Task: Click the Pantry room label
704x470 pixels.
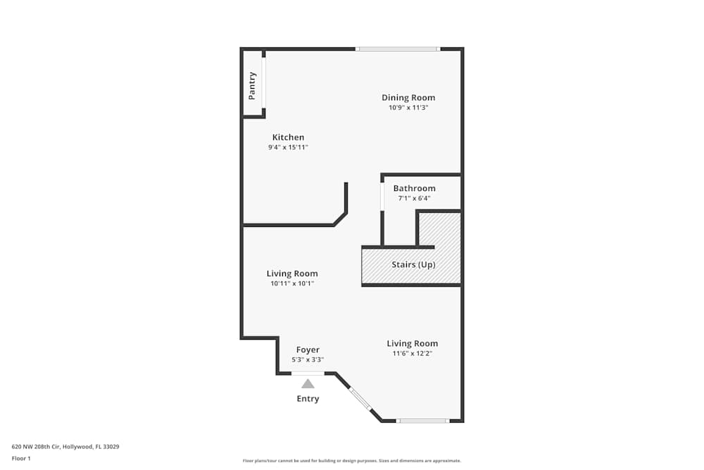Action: pyautogui.click(x=252, y=85)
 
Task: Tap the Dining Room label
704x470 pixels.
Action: pyautogui.click(x=408, y=97)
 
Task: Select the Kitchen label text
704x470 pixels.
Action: pyautogui.click(x=289, y=137)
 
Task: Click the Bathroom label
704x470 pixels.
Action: pyautogui.click(x=414, y=188)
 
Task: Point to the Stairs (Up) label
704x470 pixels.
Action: pyautogui.click(x=413, y=265)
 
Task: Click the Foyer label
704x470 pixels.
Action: pyautogui.click(x=308, y=350)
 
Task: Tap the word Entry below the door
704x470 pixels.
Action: pyautogui.click(x=308, y=399)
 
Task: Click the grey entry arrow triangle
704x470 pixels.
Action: pyautogui.click(x=308, y=384)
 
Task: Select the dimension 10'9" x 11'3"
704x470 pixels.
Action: pyautogui.click(x=408, y=108)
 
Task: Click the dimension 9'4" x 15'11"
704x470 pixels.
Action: pyautogui.click(x=289, y=147)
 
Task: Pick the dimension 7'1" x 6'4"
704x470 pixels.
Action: pyautogui.click(x=414, y=198)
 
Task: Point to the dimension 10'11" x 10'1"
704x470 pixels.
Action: pyautogui.click(x=292, y=283)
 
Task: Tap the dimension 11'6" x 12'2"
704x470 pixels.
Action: pyautogui.click(x=412, y=353)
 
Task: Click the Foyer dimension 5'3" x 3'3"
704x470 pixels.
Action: pyautogui.click(x=308, y=359)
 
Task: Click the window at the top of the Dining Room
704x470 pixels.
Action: pyautogui.click(x=397, y=49)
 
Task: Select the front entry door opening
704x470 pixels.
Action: pyautogui.click(x=308, y=373)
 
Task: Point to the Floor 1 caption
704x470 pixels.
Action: pyautogui.click(x=21, y=458)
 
